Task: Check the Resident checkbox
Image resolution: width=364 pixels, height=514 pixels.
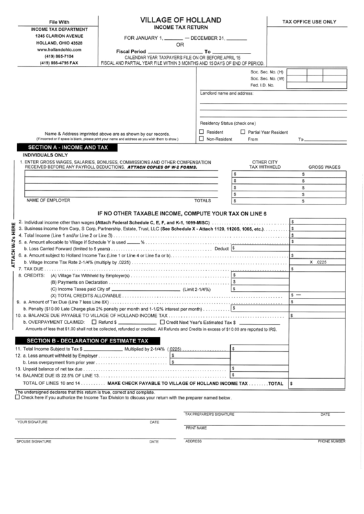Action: coord(202,131)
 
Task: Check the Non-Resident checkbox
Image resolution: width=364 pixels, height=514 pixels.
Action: coord(202,139)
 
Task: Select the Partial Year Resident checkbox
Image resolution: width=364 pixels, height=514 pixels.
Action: coord(242,131)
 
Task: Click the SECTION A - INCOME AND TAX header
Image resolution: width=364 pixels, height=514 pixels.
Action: coord(67,148)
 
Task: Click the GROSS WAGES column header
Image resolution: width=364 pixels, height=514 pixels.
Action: coord(324,167)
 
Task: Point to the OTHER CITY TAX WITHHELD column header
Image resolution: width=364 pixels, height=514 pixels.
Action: coord(264,164)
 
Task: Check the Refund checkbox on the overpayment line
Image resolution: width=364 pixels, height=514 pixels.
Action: coord(94,321)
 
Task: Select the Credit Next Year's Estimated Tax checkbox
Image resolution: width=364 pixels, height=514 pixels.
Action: coord(162,321)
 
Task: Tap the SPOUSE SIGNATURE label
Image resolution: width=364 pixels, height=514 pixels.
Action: coord(34,441)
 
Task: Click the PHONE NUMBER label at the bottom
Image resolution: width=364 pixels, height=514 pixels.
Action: coord(330,441)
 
